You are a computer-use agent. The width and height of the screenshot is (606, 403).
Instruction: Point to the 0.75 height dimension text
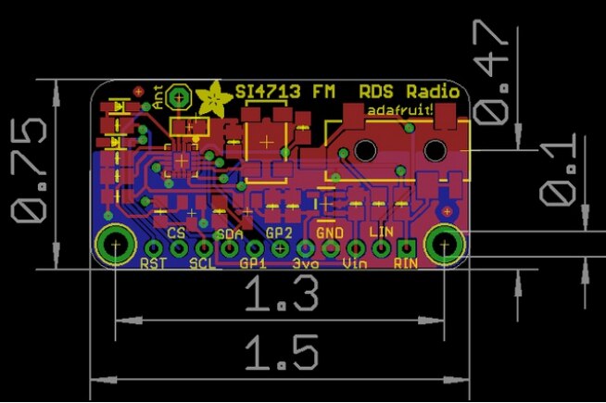(31, 169)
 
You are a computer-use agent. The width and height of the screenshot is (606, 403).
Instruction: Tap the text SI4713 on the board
(264, 93)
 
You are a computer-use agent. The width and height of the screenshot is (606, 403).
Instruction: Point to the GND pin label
(330, 232)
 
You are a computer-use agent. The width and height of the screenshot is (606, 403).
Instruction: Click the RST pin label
(152, 264)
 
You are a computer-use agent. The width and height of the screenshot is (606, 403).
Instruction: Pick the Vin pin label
(355, 264)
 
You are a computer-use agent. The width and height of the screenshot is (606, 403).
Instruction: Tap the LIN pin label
(381, 232)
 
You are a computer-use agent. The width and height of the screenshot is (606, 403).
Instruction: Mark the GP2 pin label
(279, 233)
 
